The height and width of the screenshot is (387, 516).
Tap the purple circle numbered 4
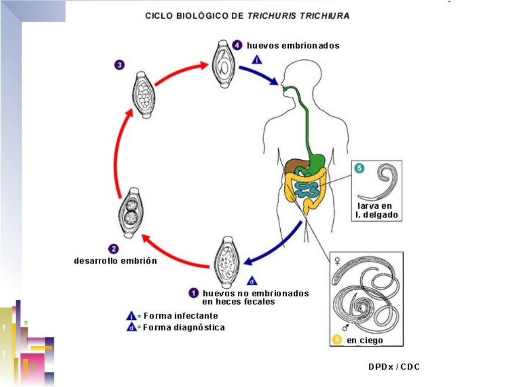[239, 45]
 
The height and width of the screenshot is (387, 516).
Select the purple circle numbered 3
[119, 64]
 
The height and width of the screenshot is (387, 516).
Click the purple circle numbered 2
[114, 248]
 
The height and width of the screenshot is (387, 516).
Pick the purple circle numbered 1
[193, 293]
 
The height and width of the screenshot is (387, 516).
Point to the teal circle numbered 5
[359, 168]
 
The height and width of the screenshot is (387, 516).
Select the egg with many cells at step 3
[143, 94]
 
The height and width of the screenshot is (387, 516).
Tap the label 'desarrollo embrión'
[115, 261]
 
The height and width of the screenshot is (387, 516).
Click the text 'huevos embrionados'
[293, 45]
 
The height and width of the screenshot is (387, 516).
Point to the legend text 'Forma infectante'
[180, 316]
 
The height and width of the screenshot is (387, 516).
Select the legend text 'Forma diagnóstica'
[184, 328]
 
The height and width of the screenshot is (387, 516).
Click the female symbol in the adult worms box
[337, 261]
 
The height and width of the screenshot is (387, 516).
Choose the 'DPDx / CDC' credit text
[394, 366]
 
